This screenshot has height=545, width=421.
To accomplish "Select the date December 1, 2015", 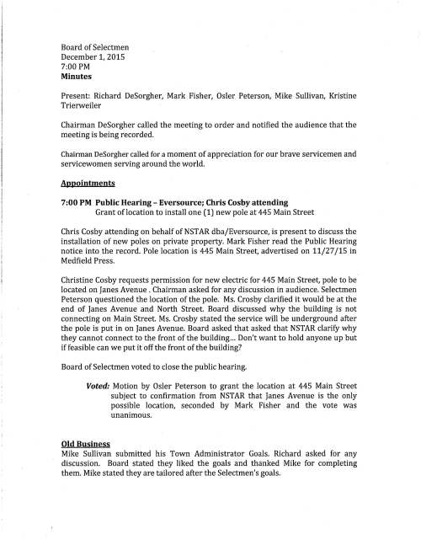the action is coord(93,54).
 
